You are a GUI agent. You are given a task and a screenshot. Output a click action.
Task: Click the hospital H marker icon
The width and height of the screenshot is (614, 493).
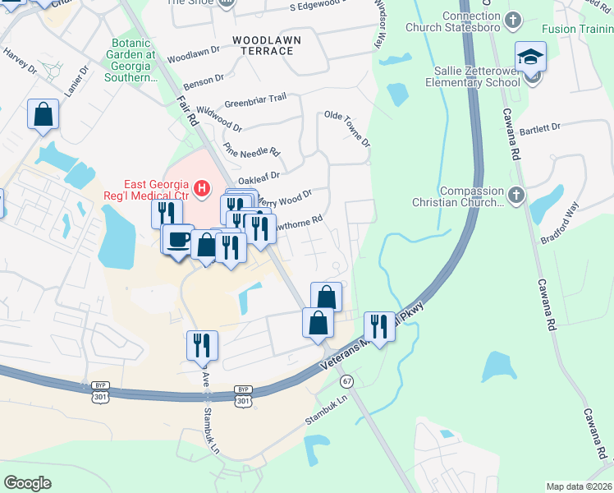(x=202, y=191)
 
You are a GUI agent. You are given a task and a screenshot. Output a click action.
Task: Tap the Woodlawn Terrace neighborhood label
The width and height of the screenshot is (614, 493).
(x=267, y=45)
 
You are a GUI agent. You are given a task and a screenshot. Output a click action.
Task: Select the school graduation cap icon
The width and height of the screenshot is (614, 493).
(x=530, y=58)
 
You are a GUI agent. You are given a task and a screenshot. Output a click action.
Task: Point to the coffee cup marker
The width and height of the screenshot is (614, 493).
(x=177, y=240)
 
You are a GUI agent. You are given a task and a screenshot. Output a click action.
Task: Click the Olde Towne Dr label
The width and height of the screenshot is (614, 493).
(x=347, y=128)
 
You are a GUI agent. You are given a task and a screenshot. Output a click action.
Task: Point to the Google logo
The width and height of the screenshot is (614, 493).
(x=27, y=482)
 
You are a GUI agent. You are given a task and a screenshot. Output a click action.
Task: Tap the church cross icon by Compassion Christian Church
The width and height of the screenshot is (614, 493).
(x=515, y=195)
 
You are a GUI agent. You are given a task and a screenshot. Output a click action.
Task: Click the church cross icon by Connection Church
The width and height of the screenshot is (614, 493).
(x=513, y=19)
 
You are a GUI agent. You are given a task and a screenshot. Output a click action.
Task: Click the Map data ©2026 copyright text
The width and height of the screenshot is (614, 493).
(x=579, y=486)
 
